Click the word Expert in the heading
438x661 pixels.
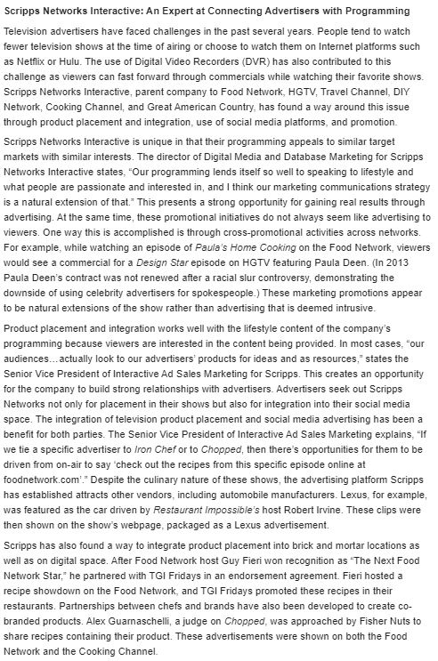[x=175, y=11]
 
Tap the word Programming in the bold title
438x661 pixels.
[x=385, y=11]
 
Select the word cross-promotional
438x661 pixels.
[x=263, y=204]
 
